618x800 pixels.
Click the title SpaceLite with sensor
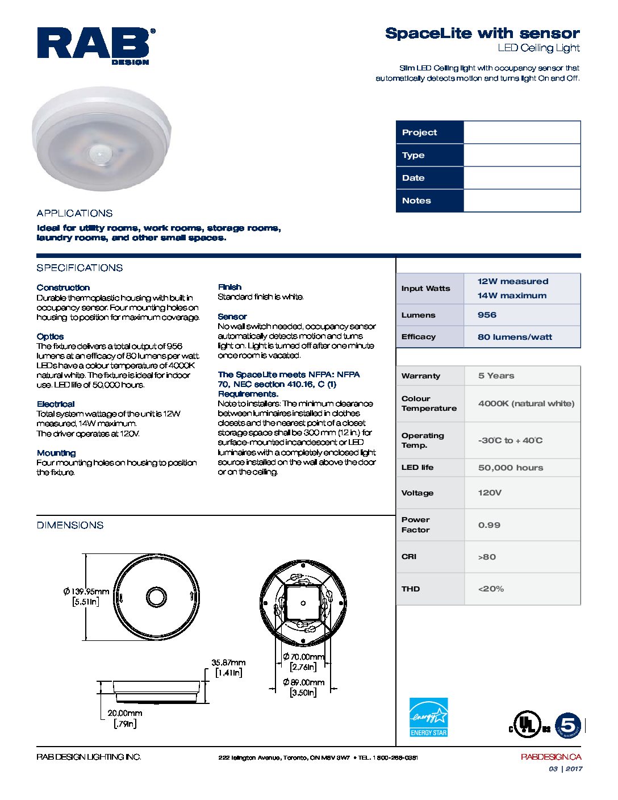point(482,33)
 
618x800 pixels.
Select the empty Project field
point(521,132)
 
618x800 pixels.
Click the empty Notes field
point(521,201)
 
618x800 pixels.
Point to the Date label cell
point(429,178)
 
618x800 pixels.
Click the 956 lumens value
point(487,315)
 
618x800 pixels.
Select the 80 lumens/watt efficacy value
point(515,337)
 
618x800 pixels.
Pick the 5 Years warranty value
point(496,376)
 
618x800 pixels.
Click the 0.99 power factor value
point(489,525)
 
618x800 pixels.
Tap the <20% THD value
point(491,589)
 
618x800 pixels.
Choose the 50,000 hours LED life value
point(510,468)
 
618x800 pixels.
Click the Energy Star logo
point(429,718)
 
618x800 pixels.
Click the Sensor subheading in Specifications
point(232,316)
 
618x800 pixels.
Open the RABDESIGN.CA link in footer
point(550,757)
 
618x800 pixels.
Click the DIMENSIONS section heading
point(70,526)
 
